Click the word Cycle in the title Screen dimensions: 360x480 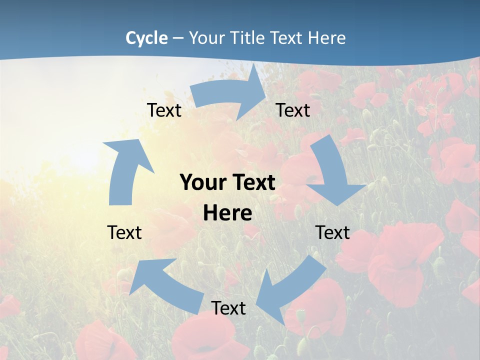pyautogui.click(x=146, y=38)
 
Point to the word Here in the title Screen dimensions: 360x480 pyautogui.click(x=326, y=38)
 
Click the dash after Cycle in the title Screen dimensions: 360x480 pyautogui.click(x=178, y=38)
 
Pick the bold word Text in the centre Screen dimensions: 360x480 pyautogui.click(x=252, y=183)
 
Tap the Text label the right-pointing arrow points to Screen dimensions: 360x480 pyautogui.click(x=293, y=110)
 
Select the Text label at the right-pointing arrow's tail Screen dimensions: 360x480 pyautogui.click(x=164, y=110)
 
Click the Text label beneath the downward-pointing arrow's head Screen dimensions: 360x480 pyautogui.click(x=332, y=232)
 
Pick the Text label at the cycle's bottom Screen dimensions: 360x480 pyautogui.click(x=228, y=308)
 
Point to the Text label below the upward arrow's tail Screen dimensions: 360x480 pyautogui.click(x=124, y=232)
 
